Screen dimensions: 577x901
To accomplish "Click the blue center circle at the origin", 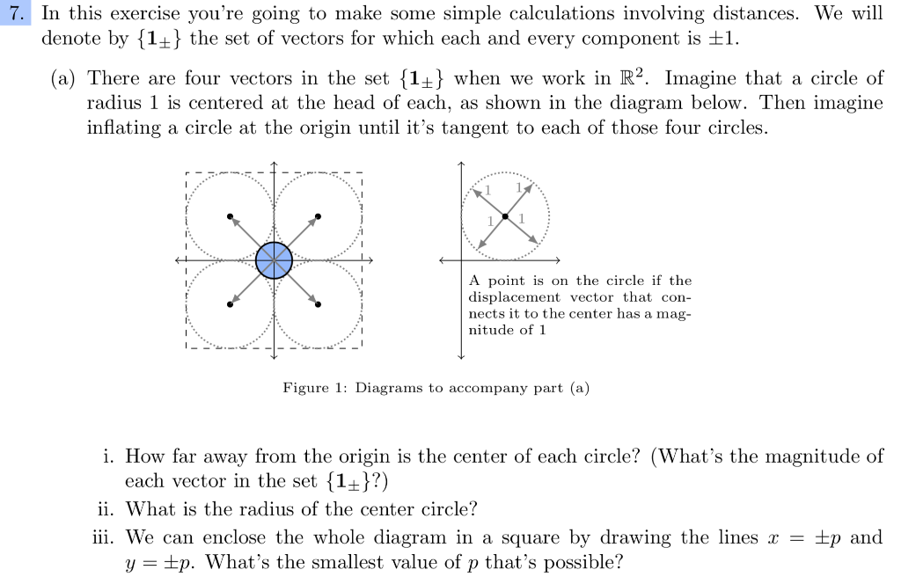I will coord(274,259).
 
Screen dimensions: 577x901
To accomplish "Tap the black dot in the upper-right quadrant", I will coord(318,215).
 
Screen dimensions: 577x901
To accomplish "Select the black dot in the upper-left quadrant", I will coord(230,215).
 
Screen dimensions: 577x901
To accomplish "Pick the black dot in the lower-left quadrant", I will coord(230,304).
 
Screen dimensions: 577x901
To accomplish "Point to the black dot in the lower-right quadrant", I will coord(318,304).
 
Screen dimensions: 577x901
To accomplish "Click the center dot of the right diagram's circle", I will coord(505,215).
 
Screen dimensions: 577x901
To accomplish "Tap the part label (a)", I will coord(63,78).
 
